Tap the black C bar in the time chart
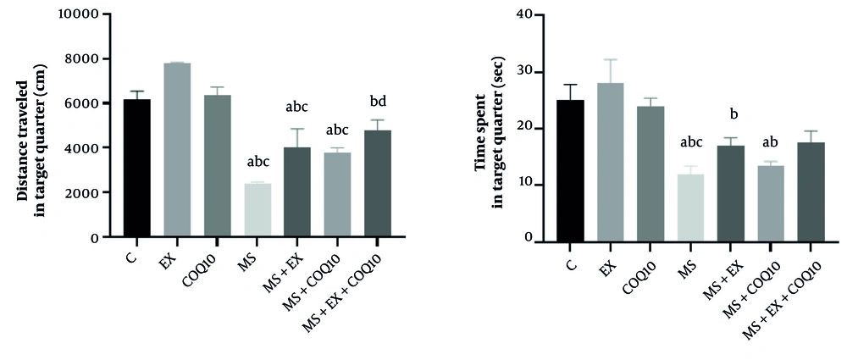[x=570, y=170]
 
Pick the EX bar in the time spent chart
[x=610, y=162]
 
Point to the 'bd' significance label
[x=378, y=103]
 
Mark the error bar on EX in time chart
[x=610, y=71]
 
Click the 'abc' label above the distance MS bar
[x=257, y=164]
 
